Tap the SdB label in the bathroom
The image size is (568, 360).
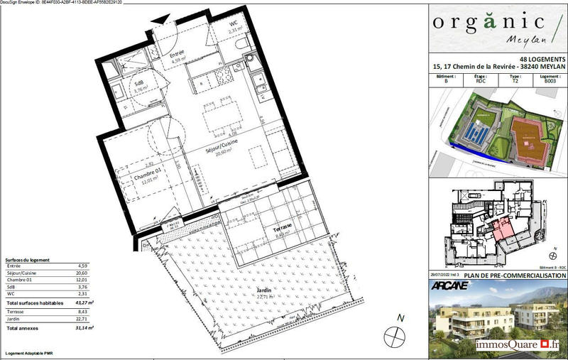[141, 83]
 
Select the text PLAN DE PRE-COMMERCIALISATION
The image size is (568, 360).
[506, 276]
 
